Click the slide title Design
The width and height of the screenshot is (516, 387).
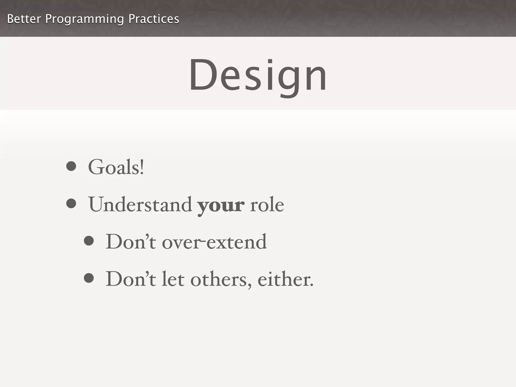point(258,75)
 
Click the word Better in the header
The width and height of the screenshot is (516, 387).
point(24,19)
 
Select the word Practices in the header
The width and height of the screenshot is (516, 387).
point(154,19)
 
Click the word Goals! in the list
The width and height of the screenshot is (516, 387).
point(116,167)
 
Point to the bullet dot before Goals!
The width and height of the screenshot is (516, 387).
point(71,166)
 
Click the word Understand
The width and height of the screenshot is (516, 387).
point(140,205)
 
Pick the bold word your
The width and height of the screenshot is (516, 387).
point(221,205)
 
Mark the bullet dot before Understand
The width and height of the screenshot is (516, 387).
point(71,203)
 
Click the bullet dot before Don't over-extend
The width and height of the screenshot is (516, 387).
point(89,241)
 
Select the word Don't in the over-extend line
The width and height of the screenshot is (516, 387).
point(131,242)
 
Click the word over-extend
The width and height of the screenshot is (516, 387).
point(214,242)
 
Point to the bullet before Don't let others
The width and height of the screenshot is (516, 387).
point(89,278)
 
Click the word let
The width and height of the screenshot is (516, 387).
point(173,279)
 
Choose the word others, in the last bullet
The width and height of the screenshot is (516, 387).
point(221,280)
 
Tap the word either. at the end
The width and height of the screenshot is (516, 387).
point(285,279)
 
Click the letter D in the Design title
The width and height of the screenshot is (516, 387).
point(203,75)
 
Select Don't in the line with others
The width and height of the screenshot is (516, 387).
point(131,279)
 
